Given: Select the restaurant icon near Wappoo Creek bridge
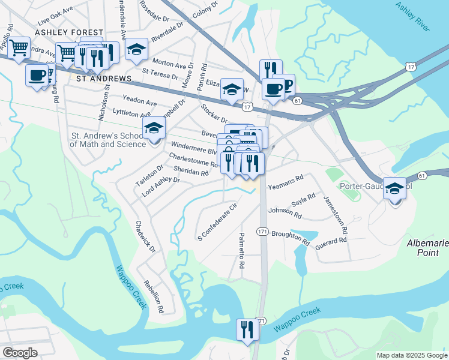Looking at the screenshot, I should tap(247, 330).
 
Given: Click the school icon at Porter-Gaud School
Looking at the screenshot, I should tap(394, 189).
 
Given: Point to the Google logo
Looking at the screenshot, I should tap(20, 353).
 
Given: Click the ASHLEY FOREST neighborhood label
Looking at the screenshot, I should tap(69, 32).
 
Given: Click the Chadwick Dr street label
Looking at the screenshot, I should tap(145, 236).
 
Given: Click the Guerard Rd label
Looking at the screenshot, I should tap(331, 241).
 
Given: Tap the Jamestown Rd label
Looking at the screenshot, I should tap(336, 214).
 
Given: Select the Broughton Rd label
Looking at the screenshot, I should tap(291, 238).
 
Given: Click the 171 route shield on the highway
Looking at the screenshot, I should tap(262, 231).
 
